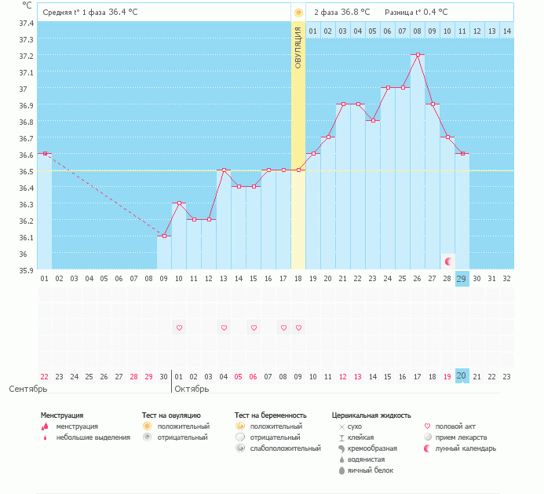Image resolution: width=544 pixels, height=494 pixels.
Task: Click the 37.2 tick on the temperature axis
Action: [x=27, y=56]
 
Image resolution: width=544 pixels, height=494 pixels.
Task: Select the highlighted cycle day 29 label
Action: [x=462, y=278]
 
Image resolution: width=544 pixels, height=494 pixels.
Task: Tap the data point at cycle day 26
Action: [x=418, y=55]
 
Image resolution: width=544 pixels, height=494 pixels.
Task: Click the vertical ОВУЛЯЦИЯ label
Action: [x=298, y=47]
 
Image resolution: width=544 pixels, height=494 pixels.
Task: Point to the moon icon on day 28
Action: [x=447, y=261]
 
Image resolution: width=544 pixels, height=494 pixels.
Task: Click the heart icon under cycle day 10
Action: [x=179, y=328]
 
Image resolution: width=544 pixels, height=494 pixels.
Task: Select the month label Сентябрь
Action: [x=29, y=389]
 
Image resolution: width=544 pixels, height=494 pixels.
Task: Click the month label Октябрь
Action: [x=192, y=389]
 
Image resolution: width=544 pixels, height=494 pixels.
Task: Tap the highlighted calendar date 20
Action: [x=462, y=376]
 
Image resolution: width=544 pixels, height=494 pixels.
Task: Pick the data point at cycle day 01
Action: [x=45, y=153]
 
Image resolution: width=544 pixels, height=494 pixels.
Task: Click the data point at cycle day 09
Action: [x=164, y=236]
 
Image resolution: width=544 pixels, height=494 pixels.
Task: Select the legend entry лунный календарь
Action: [x=466, y=448]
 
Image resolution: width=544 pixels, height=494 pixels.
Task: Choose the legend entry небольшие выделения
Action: [x=93, y=437]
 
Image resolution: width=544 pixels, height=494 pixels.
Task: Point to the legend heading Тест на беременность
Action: [x=270, y=415]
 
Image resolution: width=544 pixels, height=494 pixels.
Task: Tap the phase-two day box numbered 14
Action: [x=506, y=31]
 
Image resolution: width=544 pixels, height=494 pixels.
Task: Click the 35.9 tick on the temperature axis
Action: [x=27, y=270]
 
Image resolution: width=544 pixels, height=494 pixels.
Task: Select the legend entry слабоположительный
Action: [x=285, y=448]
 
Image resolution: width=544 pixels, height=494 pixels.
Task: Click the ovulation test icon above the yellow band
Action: [x=298, y=13]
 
